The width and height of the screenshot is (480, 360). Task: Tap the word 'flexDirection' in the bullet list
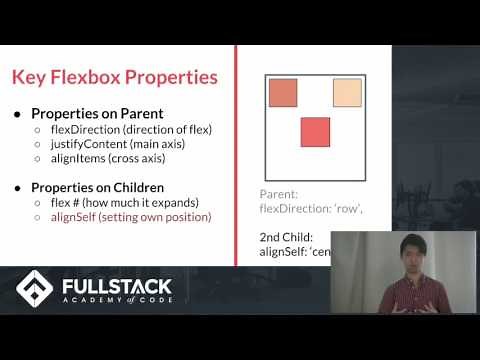[80, 128]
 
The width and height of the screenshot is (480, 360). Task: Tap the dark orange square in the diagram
[284, 92]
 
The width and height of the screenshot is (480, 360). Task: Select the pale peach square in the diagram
[346, 92]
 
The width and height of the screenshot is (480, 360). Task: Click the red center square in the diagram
[315, 131]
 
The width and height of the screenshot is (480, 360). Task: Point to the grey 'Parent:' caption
[279, 194]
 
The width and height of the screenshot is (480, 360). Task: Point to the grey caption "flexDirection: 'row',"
[310, 209]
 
